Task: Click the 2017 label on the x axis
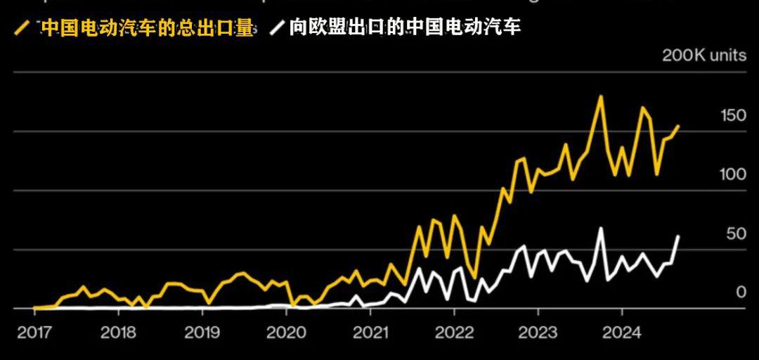click(x=34, y=333)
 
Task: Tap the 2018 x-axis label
click(x=118, y=333)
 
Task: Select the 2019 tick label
click(x=202, y=333)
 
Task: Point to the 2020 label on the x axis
click(x=286, y=333)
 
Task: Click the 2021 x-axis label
click(x=370, y=333)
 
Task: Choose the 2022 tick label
click(x=454, y=333)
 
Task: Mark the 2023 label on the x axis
click(x=538, y=333)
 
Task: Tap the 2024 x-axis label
click(x=622, y=333)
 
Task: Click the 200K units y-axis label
click(x=703, y=56)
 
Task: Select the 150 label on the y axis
click(x=733, y=116)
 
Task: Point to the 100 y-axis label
click(x=732, y=174)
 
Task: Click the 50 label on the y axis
click(x=736, y=233)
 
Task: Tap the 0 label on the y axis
click(x=741, y=292)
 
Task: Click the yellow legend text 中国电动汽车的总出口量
click(x=147, y=27)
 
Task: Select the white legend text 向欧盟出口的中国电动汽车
click(x=405, y=27)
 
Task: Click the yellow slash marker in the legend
click(x=22, y=28)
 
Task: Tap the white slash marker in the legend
click(x=278, y=28)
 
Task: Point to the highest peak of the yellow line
click(x=600, y=96)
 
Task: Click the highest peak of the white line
click(x=600, y=228)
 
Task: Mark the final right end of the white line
click(x=678, y=236)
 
